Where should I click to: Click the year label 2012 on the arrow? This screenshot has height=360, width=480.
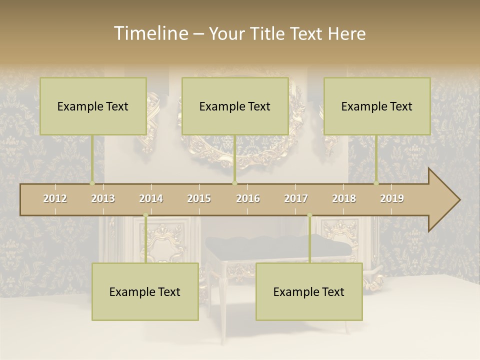click(x=55, y=198)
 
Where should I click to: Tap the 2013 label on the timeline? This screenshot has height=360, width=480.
click(x=103, y=198)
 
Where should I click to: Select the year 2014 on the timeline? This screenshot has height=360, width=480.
click(x=151, y=198)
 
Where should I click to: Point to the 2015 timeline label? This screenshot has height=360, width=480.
click(x=199, y=198)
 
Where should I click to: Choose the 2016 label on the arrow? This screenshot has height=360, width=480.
click(x=248, y=198)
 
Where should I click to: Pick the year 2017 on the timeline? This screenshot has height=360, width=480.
click(x=296, y=198)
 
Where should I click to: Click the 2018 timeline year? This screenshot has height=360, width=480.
click(x=344, y=198)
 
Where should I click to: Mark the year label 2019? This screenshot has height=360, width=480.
click(x=392, y=198)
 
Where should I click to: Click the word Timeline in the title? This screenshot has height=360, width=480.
click(x=150, y=33)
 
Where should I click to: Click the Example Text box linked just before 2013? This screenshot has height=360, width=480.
click(x=93, y=106)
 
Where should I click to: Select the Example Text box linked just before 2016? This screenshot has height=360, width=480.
click(x=235, y=106)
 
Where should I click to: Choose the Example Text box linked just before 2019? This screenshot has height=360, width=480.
click(x=377, y=106)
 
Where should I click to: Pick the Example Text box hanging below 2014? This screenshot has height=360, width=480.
click(x=145, y=291)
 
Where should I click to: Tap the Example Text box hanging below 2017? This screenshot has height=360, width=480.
click(x=309, y=291)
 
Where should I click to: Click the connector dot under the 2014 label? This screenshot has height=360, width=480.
click(x=145, y=215)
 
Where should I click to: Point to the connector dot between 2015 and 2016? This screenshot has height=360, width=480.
click(x=234, y=183)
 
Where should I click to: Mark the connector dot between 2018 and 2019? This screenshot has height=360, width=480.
click(x=376, y=183)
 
